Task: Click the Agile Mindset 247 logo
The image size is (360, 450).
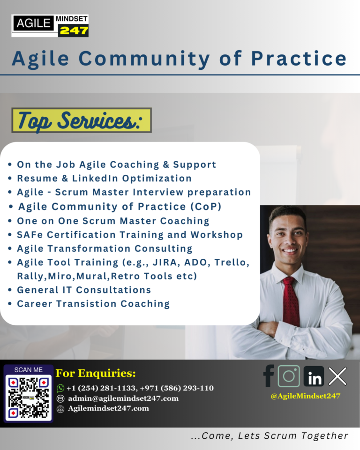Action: pos(50,25)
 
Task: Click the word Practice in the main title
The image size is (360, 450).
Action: pos(299,59)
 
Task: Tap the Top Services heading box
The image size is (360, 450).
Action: pos(82,120)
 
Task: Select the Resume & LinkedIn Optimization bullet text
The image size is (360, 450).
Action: pos(104,179)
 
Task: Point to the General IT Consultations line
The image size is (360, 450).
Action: pos(84,290)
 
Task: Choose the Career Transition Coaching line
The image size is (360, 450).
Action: pos(93,304)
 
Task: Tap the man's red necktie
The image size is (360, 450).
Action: pos(291,300)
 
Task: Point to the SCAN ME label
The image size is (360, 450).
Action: pos(29,370)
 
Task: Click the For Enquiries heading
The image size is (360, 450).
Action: pos(96,374)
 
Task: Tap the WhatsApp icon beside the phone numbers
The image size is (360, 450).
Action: pos(60,388)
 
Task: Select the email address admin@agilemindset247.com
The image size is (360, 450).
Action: pos(123,398)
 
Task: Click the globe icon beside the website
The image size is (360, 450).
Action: pos(60,409)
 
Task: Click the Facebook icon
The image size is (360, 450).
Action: pos(269,376)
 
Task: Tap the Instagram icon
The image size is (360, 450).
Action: pos(289,376)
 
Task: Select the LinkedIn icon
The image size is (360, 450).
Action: pos(314,376)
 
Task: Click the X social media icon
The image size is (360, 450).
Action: pos(337,376)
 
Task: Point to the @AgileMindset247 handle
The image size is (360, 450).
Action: pos(305,396)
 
